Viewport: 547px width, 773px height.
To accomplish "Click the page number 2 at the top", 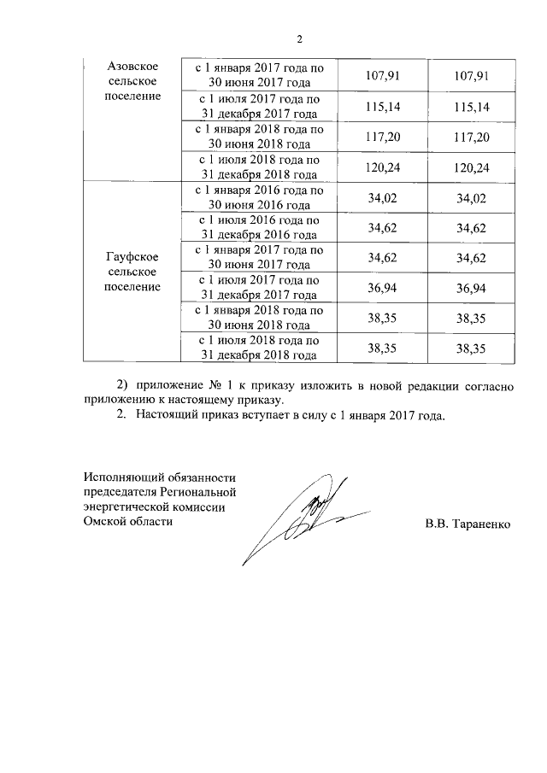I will tap(300, 38).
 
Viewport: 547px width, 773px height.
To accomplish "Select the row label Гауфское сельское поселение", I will tap(129, 272).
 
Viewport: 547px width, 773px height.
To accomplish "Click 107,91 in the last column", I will tap(472, 75).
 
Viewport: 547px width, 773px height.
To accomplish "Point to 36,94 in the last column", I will tap(472, 288).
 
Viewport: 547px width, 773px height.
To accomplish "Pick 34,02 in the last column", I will tap(472, 198).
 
